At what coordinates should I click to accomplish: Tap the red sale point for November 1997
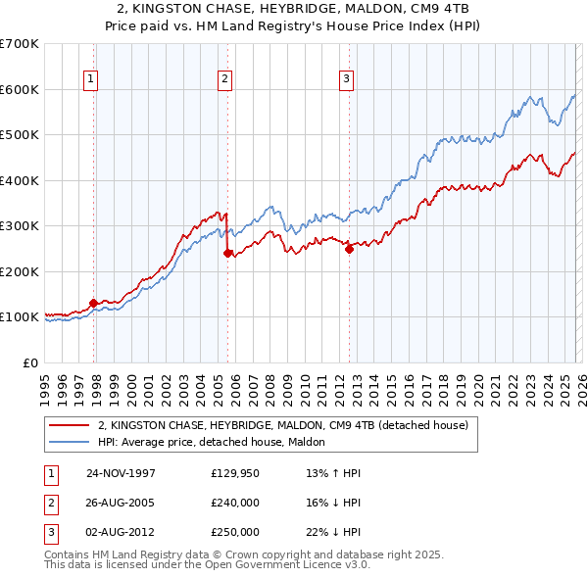[94, 304]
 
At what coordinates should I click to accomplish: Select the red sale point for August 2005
[228, 253]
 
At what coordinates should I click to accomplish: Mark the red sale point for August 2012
[349, 249]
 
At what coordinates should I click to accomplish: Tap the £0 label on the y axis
[29, 362]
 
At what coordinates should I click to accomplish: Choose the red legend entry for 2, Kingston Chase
[283, 425]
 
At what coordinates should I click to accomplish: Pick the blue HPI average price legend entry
[217, 442]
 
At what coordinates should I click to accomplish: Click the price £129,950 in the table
[235, 473]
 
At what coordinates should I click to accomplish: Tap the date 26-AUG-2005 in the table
[122, 503]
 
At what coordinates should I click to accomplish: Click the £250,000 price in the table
[235, 532]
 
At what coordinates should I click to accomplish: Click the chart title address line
[293, 10]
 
